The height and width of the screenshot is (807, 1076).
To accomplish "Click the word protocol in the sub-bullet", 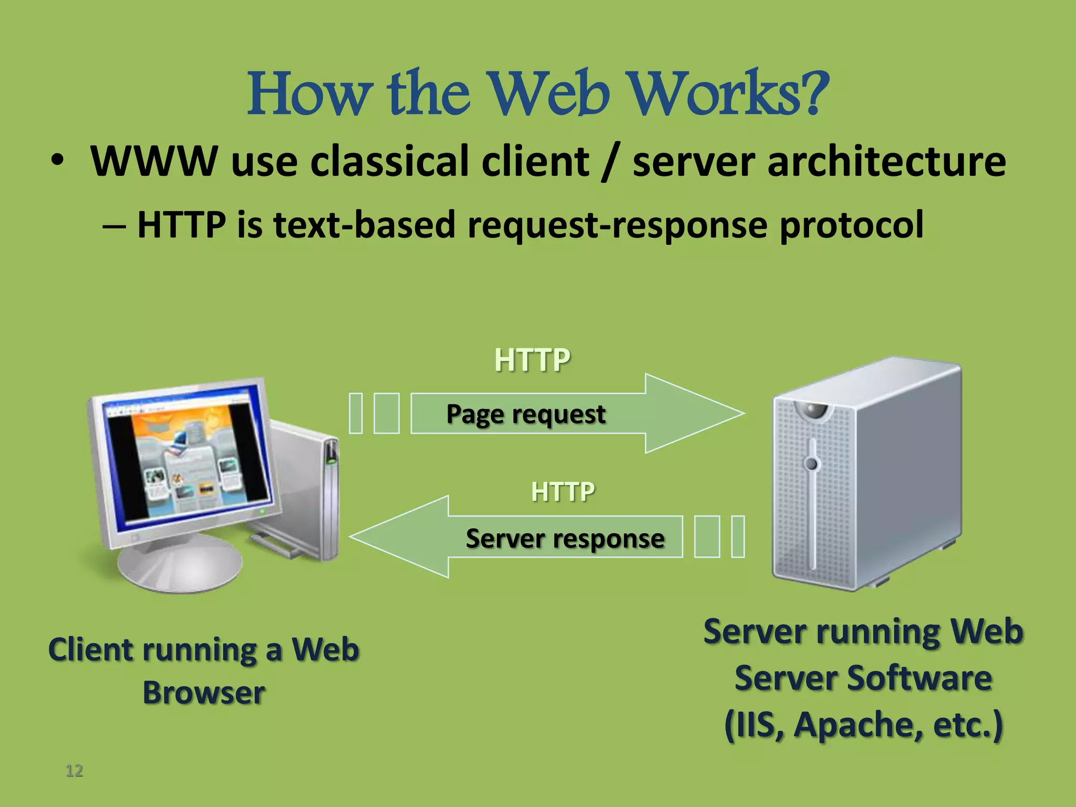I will pyautogui.click(x=851, y=225).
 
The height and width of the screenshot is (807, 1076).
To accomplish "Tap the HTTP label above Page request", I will pyautogui.click(x=532, y=360).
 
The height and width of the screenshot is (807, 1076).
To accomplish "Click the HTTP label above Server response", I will pyautogui.click(x=563, y=492).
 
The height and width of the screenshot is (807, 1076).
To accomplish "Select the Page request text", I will pyautogui.click(x=526, y=414).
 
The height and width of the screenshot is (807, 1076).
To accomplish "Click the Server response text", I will pyautogui.click(x=565, y=539).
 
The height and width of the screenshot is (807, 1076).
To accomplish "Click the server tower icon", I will pyautogui.click(x=867, y=473).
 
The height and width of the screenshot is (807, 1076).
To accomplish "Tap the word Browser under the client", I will pyautogui.click(x=204, y=692).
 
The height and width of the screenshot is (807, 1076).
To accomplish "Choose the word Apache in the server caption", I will pyautogui.click(x=858, y=725).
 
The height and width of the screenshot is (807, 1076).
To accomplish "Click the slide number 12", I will pyautogui.click(x=74, y=771).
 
